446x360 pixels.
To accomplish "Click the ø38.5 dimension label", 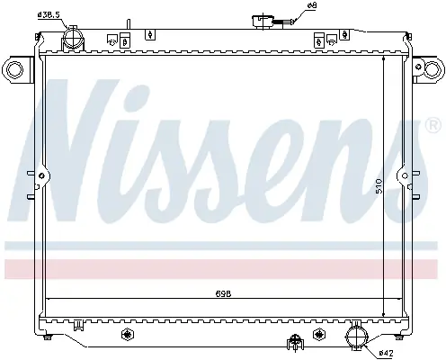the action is (x=49, y=14).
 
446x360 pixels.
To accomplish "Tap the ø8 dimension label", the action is (x=304, y=5).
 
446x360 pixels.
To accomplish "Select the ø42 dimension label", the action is (x=386, y=353).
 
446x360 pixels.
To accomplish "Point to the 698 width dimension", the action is (x=223, y=293).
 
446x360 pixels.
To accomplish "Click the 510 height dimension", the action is (x=379, y=186).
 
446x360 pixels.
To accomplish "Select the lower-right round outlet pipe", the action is (x=357, y=337).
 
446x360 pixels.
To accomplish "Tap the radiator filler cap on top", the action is (x=263, y=22).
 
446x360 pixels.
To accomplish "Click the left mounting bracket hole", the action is (x=14, y=70).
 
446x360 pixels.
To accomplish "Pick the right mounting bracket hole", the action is (x=432, y=68).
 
